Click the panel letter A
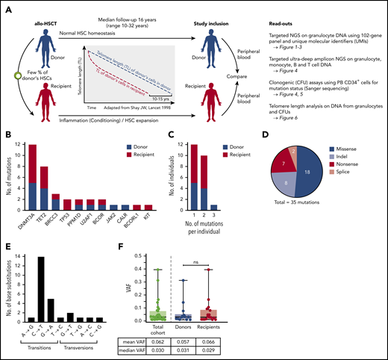[7, 6]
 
